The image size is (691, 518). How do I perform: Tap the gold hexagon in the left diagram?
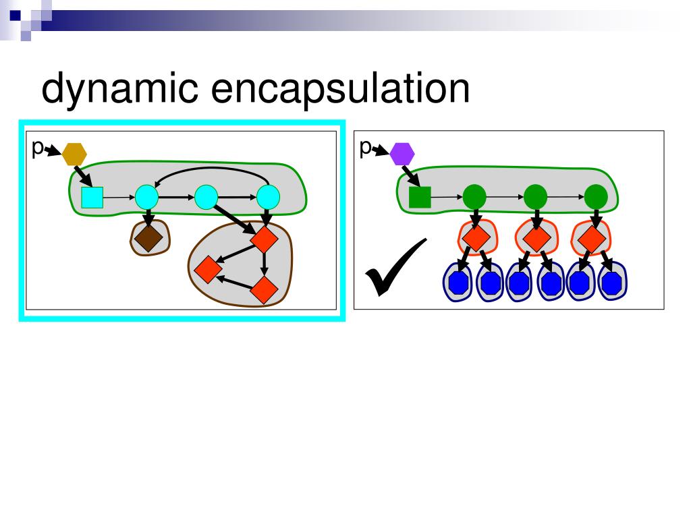74,154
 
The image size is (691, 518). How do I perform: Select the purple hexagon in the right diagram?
403,154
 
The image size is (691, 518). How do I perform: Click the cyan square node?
92,198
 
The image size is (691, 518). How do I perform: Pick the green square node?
420,198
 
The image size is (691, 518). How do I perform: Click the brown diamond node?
148,237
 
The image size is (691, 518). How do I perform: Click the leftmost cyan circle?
146,198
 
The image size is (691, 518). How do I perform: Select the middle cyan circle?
206,198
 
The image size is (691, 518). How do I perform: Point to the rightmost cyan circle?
268,198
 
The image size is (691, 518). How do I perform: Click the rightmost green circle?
595,198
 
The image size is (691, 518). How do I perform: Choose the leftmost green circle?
474,198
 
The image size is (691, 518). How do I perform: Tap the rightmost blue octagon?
611,283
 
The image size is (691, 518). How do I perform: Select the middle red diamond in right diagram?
535,238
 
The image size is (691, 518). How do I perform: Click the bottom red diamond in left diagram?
263,290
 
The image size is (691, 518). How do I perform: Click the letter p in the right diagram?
365,147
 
